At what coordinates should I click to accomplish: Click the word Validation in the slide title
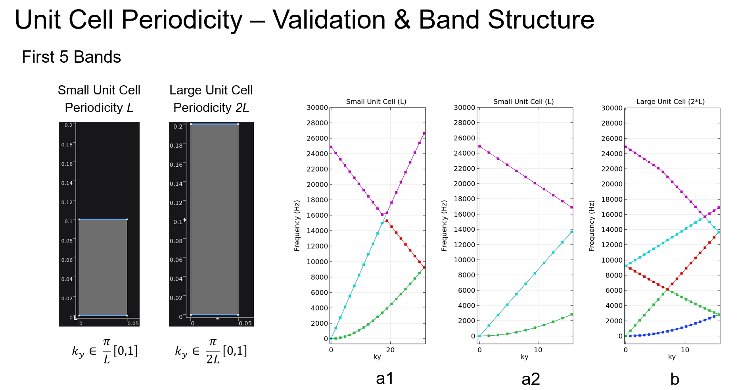tap(329, 19)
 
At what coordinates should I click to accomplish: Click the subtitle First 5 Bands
tap(71, 57)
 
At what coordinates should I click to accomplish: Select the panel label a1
tap(385, 378)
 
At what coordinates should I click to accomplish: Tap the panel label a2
tap(531, 379)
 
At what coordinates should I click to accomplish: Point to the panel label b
tap(675, 379)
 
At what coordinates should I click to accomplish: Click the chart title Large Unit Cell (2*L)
tap(670, 102)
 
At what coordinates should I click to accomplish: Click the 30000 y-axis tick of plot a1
tap(317, 108)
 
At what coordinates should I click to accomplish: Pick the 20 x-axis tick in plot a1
tap(390, 350)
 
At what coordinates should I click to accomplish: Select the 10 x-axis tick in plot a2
tap(538, 350)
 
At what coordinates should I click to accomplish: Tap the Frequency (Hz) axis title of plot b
tap(592, 226)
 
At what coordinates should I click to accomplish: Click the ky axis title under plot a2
tap(524, 357)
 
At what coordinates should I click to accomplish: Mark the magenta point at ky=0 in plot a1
tap(331, 147)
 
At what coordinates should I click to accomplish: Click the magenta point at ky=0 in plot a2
tap(479, 146)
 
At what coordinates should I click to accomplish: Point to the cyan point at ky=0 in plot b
tap(626, 266)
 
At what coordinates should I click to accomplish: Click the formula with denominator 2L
tap(211, 351)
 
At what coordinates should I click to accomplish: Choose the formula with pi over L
tap(105, 351)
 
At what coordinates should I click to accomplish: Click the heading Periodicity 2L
tap(211, 108)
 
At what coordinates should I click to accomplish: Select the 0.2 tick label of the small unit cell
tap(69, 125)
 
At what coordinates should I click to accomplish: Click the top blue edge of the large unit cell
tap(214, 124)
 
